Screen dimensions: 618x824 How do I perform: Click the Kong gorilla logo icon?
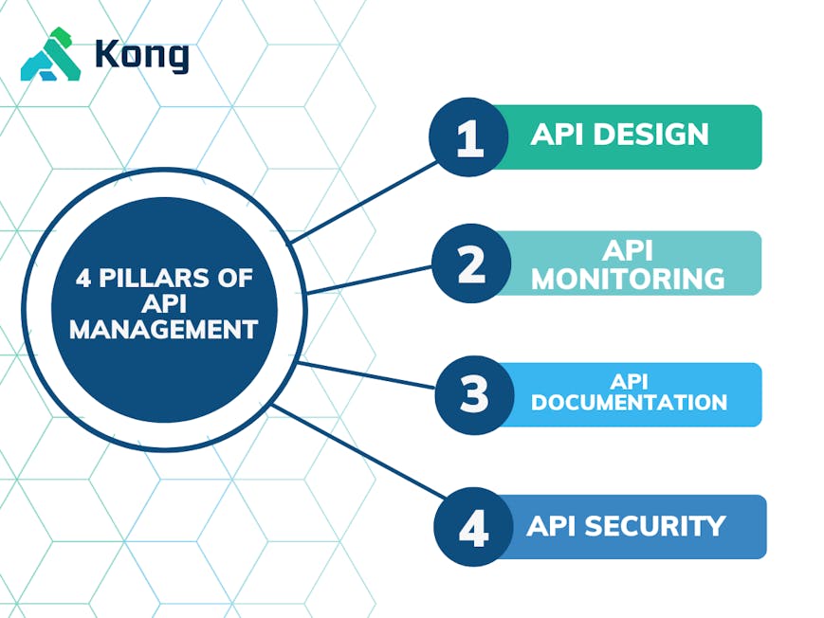(x=51, y=55)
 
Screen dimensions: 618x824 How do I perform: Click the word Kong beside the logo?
(x=141, y=55)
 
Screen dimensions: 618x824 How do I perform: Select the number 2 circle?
(x=471, y=264)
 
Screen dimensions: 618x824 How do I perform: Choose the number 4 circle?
(x=473, y=527)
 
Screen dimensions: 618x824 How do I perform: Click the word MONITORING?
(x=629, y=279)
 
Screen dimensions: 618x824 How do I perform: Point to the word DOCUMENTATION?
(x=629, y=403)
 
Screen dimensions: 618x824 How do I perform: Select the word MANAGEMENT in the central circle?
(x=164, y=330)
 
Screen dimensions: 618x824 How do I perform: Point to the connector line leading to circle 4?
(x=360, y=451)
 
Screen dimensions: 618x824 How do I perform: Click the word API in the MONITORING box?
(x=629, y=251)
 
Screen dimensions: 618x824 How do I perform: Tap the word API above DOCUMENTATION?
(x=629, y=381)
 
